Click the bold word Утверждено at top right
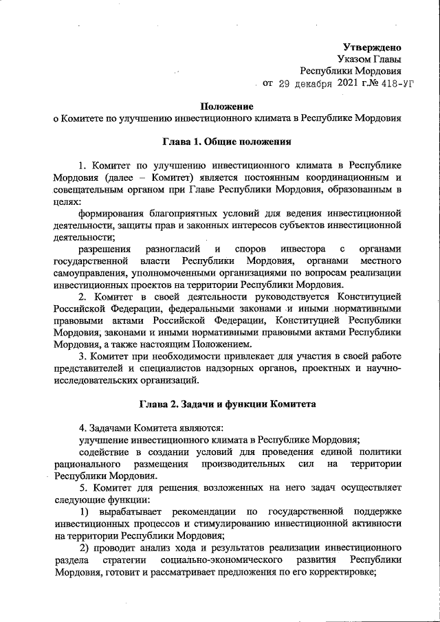pos(372,47)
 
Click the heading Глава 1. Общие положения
pos(227,142)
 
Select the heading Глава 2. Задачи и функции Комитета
pos(227,403)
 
